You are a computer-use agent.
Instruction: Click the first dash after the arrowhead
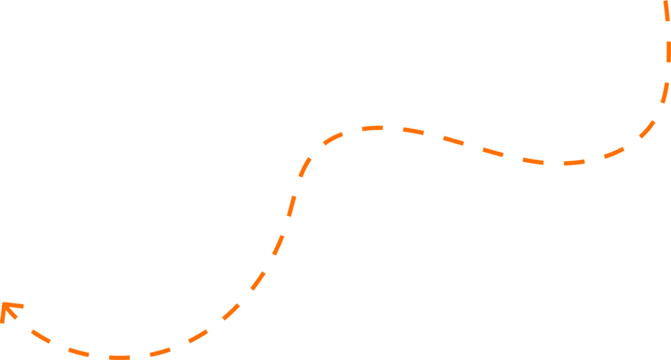(x=41, y=336)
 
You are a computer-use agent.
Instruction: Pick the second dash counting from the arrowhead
(x=78, y=352)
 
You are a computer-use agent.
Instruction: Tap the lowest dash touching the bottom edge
(x=119, y=357)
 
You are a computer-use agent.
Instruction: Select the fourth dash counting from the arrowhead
(x=160, y=351)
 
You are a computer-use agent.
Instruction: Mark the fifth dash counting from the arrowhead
(x=198, y=336)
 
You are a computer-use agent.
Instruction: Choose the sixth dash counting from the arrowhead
(x=231, y=311)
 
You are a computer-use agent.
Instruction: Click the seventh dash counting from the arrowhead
(x=258, y=280)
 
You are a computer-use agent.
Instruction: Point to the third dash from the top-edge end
(x=665, y=92)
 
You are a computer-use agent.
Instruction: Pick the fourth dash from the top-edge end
(x=647, y=129)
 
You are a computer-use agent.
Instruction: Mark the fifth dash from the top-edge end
(x=614, y=152)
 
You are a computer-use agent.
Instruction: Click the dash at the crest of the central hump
(x=372, y=128)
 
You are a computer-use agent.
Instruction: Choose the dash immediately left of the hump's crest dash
(x=333, y=138)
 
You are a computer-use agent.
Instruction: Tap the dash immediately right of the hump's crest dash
(x=413, y=130)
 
